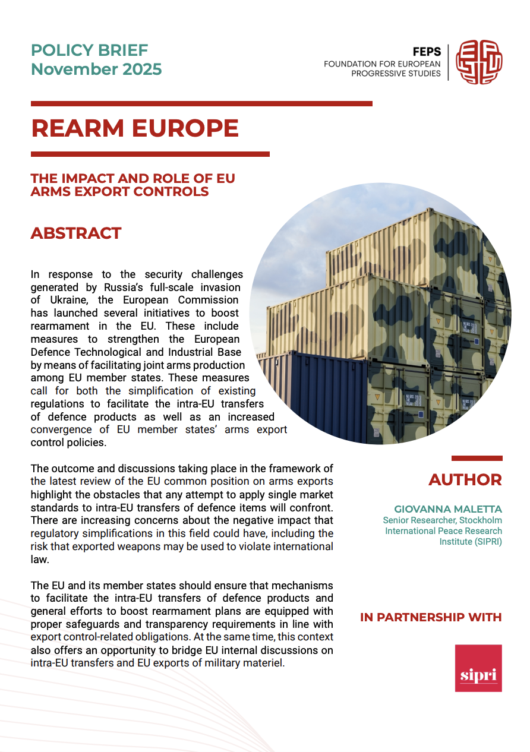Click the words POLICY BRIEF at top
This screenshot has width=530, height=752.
click(x=89, y=50)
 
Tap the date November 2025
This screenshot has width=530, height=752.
click(x=96, y=69)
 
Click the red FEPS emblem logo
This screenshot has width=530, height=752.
click(x=479, y=62)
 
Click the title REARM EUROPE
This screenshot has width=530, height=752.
click(x=135, y=128)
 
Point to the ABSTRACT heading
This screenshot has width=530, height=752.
click(x=76, y=233)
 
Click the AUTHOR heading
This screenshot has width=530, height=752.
click(x=465, y=480)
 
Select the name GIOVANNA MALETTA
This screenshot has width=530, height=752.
click(x=448, y=510)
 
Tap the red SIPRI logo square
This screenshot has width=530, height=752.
click(x=478, y=668)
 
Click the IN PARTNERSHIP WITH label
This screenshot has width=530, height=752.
click(x=431, y=617)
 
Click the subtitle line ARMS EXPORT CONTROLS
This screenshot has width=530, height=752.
click(x=119, y=192)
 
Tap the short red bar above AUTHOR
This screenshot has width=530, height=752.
click(x=477, y=459)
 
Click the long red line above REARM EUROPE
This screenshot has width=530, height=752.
click(x=201, y=103)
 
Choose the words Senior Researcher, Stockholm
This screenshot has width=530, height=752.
click(x=442, y=520)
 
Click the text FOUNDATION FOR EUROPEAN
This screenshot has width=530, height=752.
click(x=382, y=64)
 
